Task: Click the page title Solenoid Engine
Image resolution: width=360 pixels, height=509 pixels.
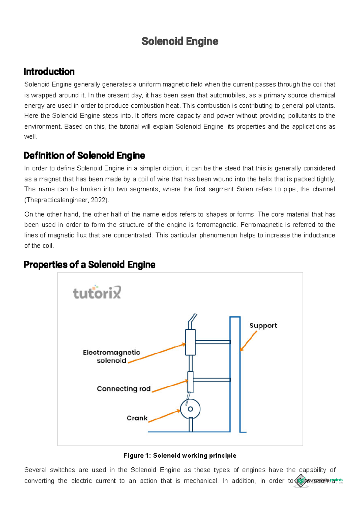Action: [x=180, y=41]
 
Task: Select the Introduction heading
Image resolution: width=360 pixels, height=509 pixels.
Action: [x=49, y=72]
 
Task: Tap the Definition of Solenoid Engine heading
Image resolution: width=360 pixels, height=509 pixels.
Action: [x=84, y=155]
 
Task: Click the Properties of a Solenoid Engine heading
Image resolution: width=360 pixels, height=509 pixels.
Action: [x=89, y=265]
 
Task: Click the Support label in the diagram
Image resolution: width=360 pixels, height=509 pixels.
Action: [x=263, y=326]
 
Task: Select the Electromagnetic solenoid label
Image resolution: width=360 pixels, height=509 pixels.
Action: [x=112, y=356]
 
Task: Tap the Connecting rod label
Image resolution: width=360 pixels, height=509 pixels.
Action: [x=124, y=389]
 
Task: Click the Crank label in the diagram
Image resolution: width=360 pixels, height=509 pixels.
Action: [x=137, y=418]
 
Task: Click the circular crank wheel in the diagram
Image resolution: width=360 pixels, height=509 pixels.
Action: [x=190, y=409]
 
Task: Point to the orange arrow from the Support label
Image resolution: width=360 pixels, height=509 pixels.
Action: [x=248, y=341]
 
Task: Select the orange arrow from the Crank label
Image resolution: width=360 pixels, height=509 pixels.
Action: [x=164, y=416]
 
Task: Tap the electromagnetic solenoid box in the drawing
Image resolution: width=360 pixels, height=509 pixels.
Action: [x=190, y=342]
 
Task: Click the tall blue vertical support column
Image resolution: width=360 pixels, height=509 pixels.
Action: [x=235, y=375]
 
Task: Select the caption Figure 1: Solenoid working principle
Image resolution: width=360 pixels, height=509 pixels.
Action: [x=180, y=456]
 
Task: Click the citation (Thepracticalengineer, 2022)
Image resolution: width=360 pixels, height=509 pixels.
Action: [x=67, y=200]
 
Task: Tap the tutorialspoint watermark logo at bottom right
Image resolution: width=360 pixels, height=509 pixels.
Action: [x=318, y=480]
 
